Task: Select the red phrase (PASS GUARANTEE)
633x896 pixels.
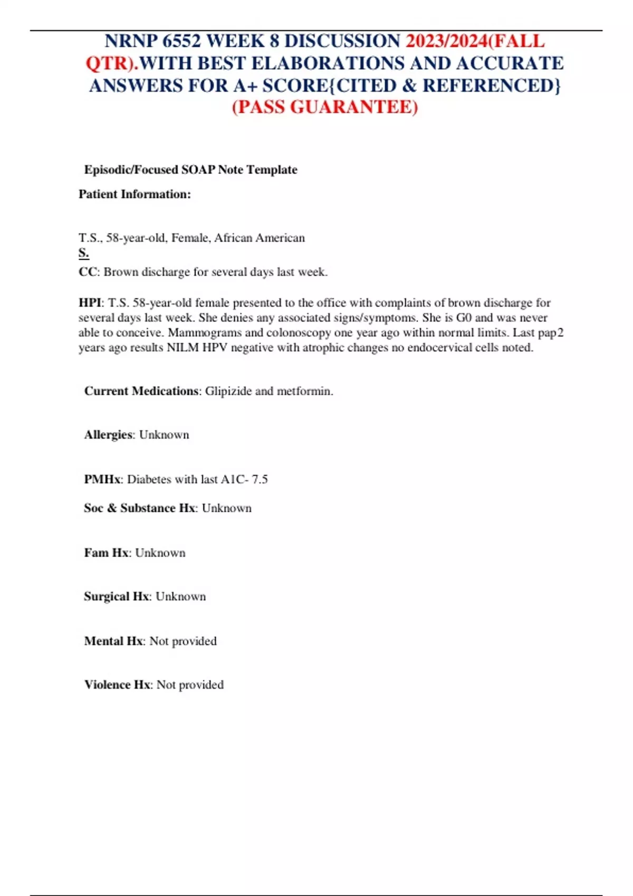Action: click(x=325, y=107)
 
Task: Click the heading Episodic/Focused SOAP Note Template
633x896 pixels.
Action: click(x=190, y=170)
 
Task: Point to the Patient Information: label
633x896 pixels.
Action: click(x=135, y=194)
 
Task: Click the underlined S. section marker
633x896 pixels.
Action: click(x=84, y=253)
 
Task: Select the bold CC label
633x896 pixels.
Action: click(x=88, y=272)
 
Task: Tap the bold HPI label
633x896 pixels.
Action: click(x=90, y=303)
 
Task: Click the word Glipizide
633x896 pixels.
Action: click(x=228, y=391)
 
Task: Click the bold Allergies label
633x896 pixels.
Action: click(x=108, y=435)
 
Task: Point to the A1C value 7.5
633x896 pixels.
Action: click(x=260, y=479)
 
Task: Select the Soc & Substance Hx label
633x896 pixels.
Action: click(x=139, y=508)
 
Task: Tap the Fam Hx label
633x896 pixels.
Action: click(x=106, y=553)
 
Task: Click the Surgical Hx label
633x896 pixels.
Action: click(x=116, y=597)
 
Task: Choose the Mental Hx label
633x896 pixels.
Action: click(x=113, y=641)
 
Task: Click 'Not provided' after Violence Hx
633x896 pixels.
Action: click(x=190, y=685)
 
